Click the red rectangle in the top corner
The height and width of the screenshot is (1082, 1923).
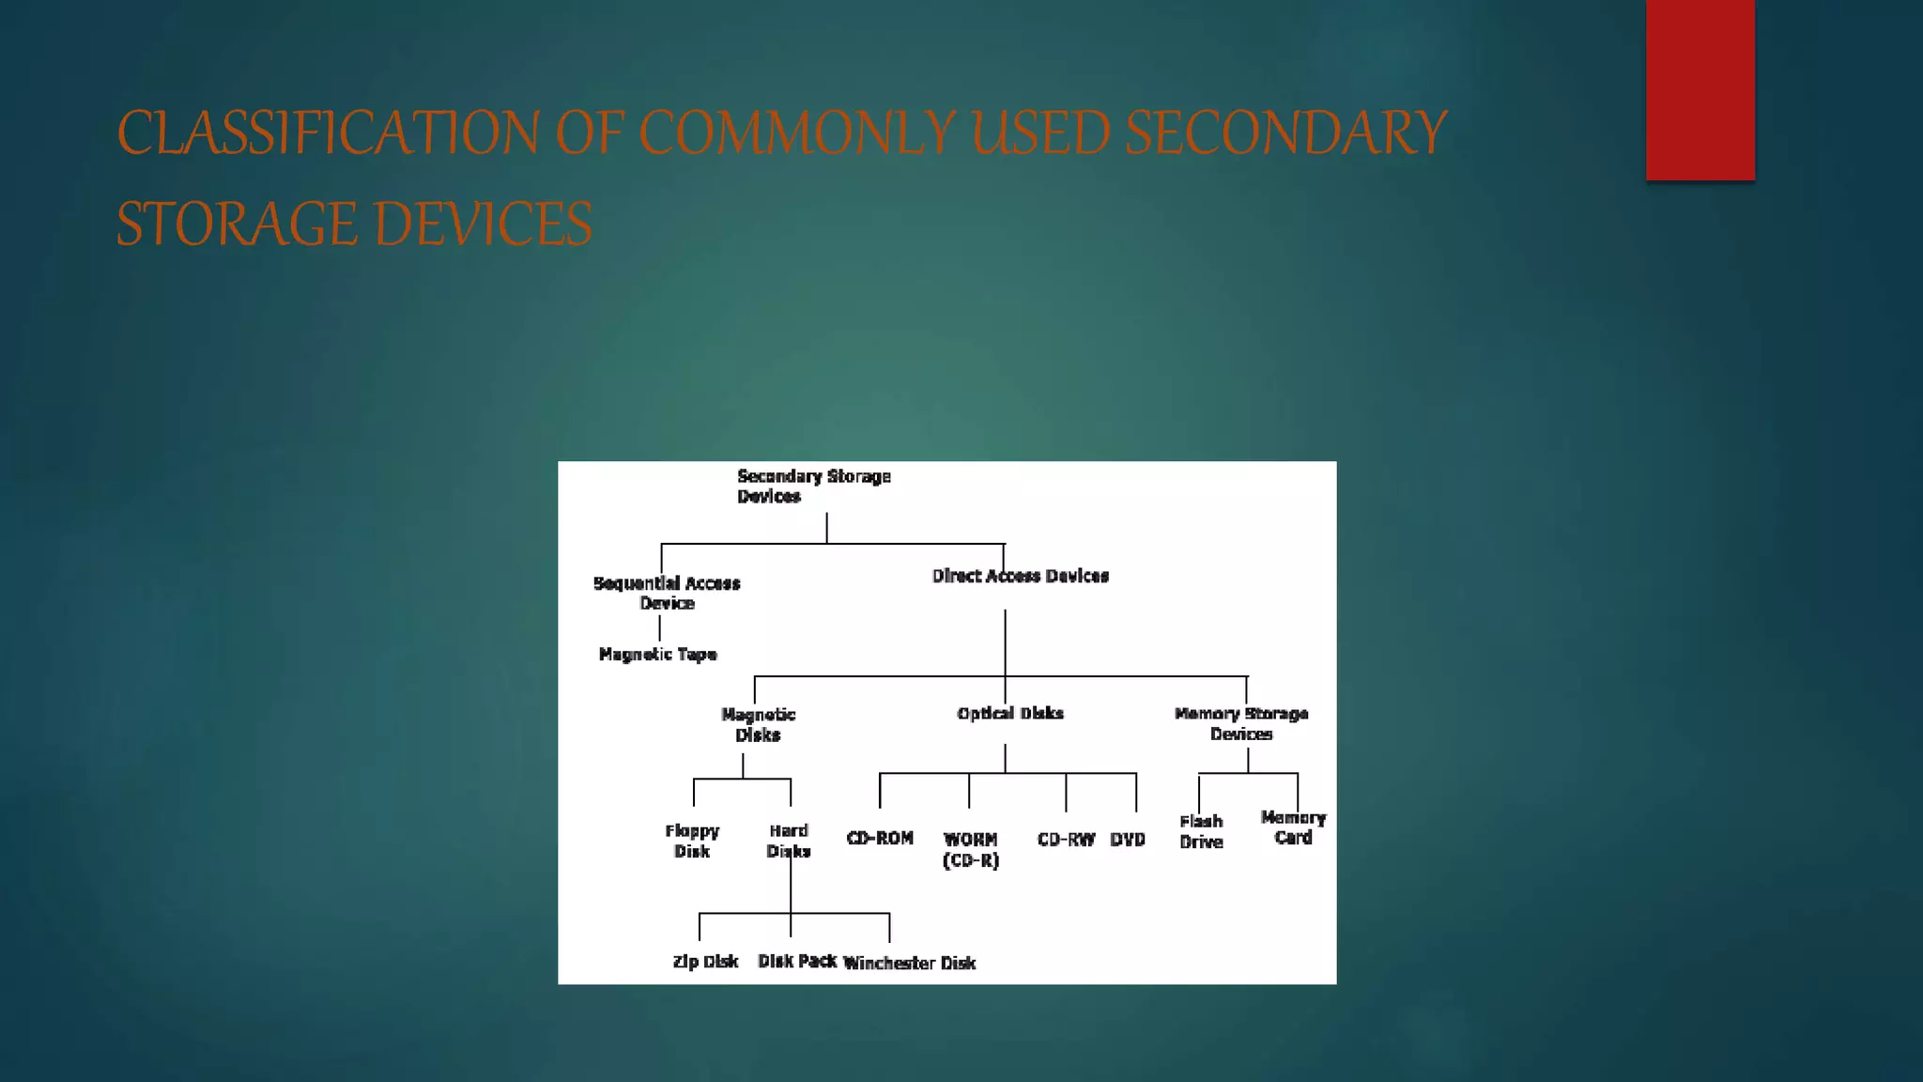[1700, 89]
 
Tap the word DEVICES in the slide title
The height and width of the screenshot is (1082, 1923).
[483, 224]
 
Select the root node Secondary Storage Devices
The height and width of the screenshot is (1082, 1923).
[813, 487]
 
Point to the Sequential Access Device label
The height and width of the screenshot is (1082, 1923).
[667, 593]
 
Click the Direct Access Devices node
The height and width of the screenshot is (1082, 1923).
[1020, 576]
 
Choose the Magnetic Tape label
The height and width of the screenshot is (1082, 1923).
[657, 654]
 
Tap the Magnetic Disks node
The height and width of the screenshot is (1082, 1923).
[758, 724]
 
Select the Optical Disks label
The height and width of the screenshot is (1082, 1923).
[1010, 713]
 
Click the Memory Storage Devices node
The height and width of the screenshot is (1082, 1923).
[1240, 723]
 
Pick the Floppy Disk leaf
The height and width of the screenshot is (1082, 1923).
[692, 841]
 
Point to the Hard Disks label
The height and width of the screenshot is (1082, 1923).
[789, 841]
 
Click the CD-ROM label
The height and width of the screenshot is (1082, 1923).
[880, 838]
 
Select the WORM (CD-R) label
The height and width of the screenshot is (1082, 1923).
[971, 849]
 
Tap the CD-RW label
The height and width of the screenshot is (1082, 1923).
[1066, 839]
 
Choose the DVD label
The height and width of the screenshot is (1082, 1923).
[1128, 839]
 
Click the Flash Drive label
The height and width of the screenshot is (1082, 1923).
[1201, 831]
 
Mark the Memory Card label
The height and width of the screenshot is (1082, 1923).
[1293, 827]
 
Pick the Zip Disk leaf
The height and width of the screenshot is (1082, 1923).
[705, 961]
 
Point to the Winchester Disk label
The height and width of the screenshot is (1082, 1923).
[909, 963]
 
